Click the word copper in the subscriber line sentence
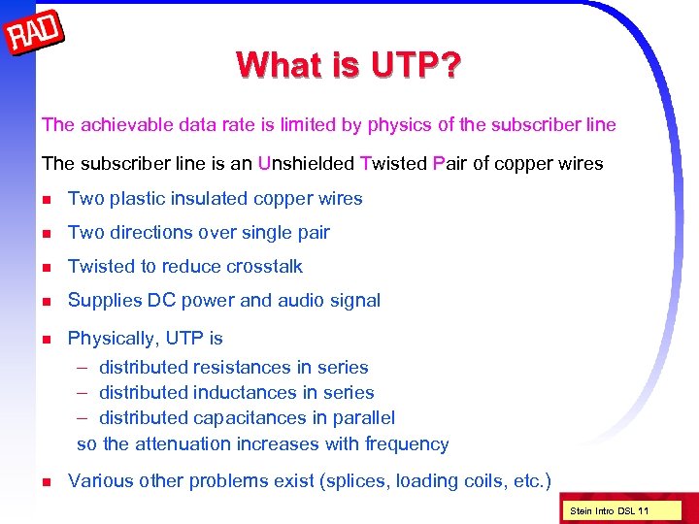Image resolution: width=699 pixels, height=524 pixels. pos(525,163)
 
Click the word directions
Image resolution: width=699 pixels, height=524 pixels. pos(150,233)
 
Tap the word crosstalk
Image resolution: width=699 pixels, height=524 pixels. pos(264,267)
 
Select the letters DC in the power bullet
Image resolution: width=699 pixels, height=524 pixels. pos(160,301)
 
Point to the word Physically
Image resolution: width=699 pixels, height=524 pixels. pos(112,339)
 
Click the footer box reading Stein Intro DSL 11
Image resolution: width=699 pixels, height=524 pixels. pos(610,511)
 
